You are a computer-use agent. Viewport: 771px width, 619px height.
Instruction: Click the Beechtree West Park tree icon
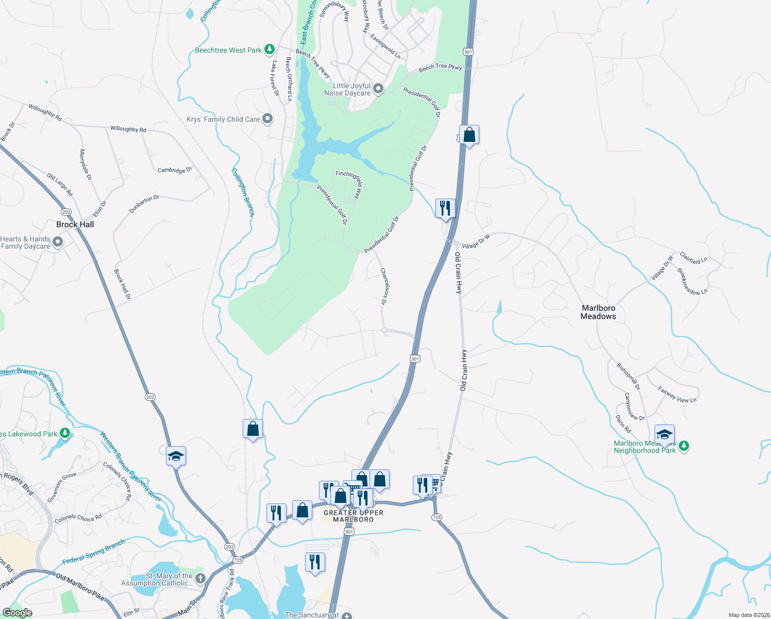click(x=269, y=50)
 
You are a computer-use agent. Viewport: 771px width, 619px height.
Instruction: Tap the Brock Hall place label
click(x=75, y=224)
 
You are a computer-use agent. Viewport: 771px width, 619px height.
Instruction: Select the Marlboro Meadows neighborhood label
click(x=598, y=312)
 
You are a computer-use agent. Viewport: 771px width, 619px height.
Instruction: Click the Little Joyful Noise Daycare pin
click(x=378, y=89)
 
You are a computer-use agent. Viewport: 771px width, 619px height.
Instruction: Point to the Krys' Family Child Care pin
click(x=267, y=119)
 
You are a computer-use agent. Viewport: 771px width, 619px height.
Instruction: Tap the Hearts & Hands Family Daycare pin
click(x=58, y=242)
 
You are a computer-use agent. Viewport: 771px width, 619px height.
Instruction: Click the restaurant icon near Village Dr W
click(x=445, y=208)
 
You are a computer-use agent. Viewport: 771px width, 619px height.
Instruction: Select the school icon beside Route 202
click(x=176, y=455)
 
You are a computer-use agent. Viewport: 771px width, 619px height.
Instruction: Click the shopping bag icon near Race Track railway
click(x=253, y=428)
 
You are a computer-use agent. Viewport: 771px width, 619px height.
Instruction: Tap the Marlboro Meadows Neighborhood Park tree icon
click(x=684, y=446)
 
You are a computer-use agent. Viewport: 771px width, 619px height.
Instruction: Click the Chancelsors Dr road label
click(x=383, y=286)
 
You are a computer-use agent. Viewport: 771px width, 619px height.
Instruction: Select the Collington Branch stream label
click(x=243, y=191)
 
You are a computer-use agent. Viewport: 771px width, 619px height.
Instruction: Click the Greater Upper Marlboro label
click(x=354, y=516)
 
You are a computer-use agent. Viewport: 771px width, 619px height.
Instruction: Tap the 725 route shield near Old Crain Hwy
click(x=437, y=517)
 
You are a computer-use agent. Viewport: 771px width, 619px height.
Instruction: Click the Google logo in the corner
click(x=17, y=613)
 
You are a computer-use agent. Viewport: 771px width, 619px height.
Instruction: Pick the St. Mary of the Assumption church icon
click(x=200, y=579)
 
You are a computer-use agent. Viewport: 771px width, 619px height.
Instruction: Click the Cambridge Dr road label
click(x=175, y=170)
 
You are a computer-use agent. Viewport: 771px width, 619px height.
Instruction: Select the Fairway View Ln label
click(x=677, y=395)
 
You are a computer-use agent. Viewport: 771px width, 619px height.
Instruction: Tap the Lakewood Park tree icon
click(x=65, y=433)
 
